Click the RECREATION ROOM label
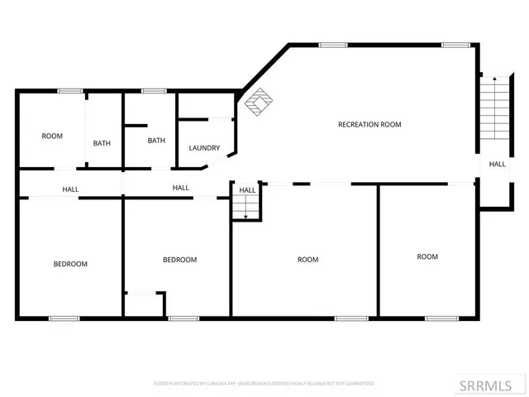tap(369, 125)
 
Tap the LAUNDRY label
tap(204, 148)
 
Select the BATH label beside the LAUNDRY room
tap(156, 141)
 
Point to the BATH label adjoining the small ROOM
tap(102, 143)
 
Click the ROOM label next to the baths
tap(52, 136)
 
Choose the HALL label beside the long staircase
tap(497, 164)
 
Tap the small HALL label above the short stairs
tap(247, 190)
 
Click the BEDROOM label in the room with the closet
tap(179, 260)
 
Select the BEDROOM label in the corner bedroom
tap(70, 264)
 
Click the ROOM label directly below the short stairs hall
tap(307, 260)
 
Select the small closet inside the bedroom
tap(144, 304)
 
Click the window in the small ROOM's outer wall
tap(69, 90)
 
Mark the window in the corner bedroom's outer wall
tap(64, 318)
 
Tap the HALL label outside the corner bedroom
tap(70, 189)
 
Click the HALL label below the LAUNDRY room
tap(180, 188)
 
